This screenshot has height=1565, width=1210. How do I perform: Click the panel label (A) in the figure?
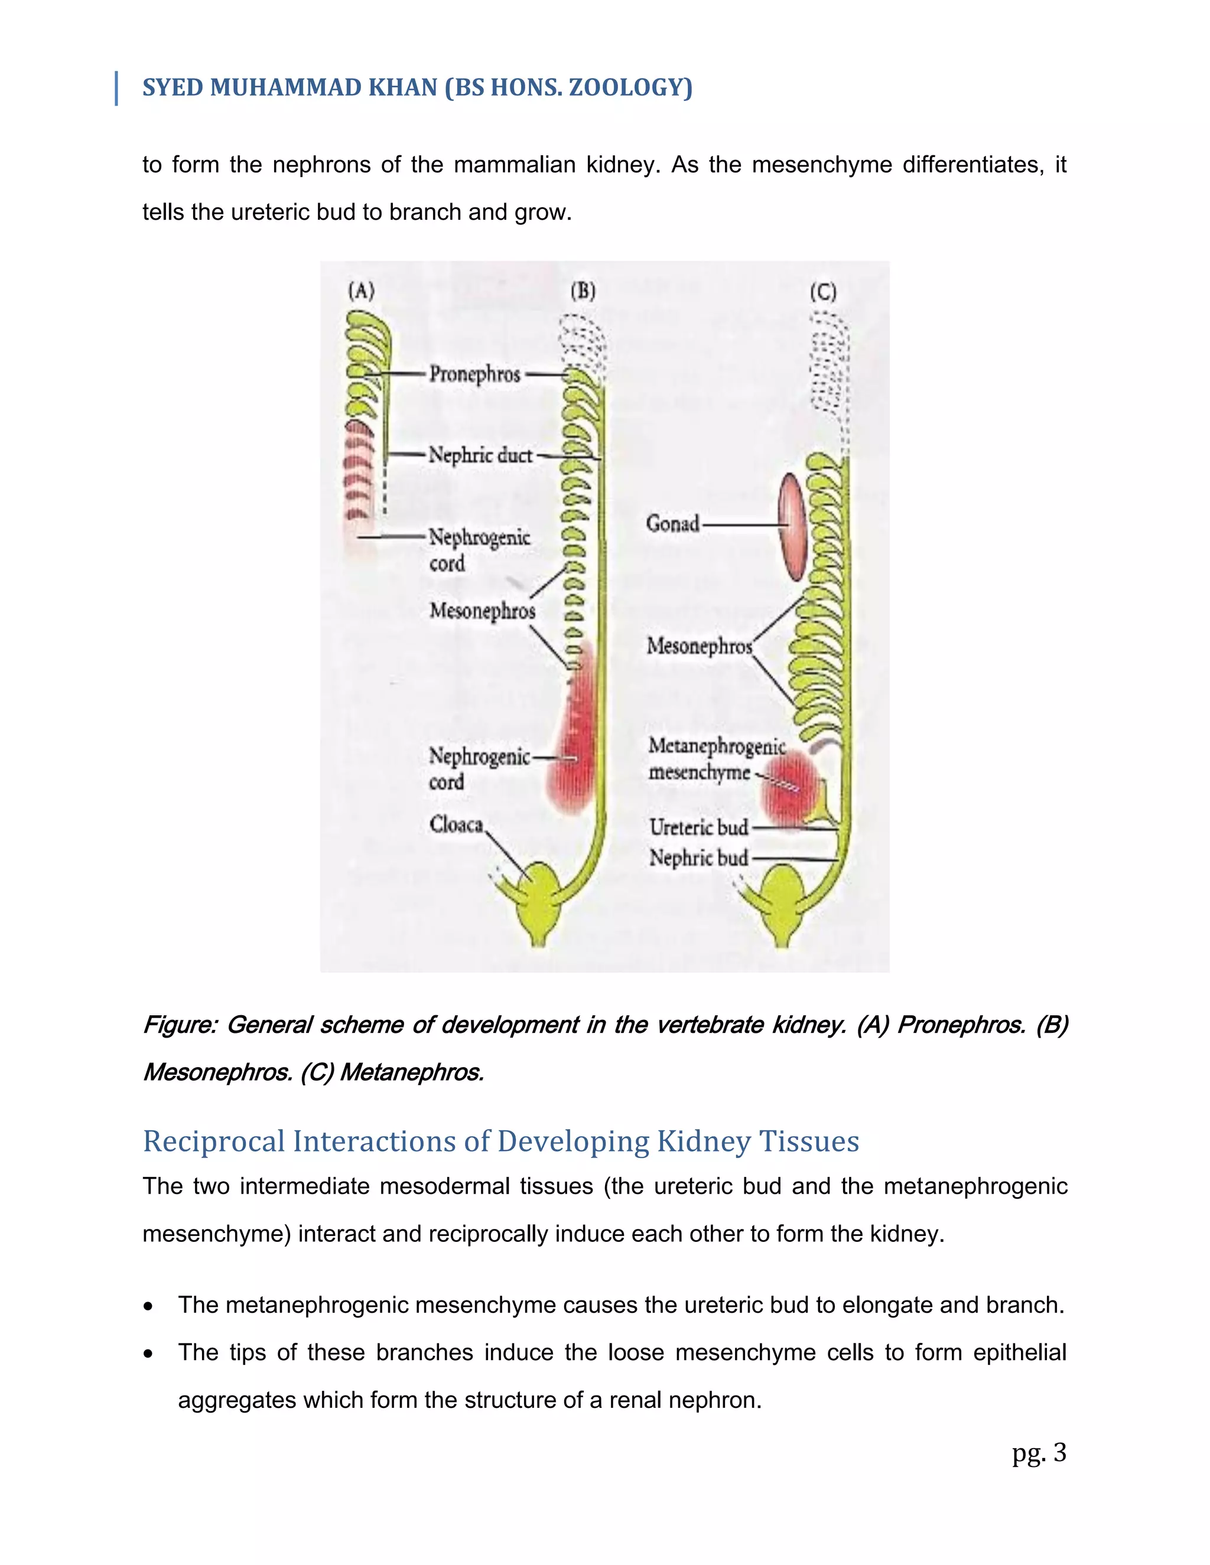[361, 291]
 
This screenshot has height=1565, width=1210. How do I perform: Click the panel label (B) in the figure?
[583, 291]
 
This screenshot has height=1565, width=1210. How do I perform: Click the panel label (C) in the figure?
[823, 292]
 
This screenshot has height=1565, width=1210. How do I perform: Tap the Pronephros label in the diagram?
[474, 374]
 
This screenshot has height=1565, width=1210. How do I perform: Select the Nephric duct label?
[480, 455]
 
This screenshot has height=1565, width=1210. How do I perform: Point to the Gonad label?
[672, 524]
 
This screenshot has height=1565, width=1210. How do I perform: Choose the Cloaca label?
[457, 825]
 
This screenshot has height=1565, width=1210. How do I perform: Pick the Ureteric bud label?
[698, 827]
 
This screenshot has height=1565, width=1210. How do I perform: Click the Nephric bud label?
[698, 858]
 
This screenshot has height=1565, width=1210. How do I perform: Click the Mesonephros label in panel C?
[699, 646]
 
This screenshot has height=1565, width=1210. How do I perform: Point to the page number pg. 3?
[1039, 1453]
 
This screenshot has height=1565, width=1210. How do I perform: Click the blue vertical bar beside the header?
[116, 88]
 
